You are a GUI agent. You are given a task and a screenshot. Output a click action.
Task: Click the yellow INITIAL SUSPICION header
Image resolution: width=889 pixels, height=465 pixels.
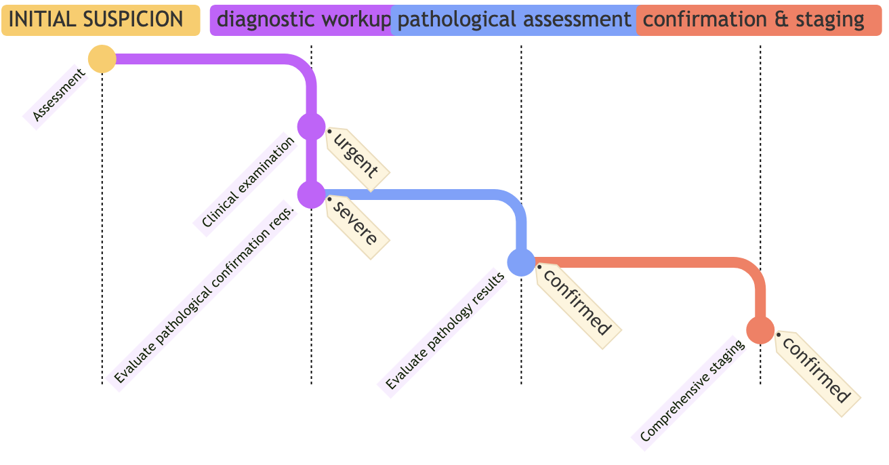tap(100, 20)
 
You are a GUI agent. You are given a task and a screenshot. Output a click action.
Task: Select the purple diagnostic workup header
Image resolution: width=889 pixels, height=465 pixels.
tap(302, 20)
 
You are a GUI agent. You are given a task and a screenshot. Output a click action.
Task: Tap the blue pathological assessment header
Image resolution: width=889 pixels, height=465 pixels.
tap(514, 20)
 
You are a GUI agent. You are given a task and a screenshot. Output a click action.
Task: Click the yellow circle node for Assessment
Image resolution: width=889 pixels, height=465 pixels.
tap(102, 59)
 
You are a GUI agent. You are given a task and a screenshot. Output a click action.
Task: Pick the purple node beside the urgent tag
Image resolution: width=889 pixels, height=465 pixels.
tap(312, 127)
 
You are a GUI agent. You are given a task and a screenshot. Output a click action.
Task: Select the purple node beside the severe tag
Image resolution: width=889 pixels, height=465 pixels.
tap(312, 195)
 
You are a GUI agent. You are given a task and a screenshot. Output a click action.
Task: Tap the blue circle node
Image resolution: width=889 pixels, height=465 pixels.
tap(521, 262)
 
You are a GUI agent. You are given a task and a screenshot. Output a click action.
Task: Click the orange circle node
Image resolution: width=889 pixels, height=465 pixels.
tap(760, 330)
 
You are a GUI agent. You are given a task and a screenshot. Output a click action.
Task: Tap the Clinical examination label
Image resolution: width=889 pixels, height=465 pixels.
tap(248, 182)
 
